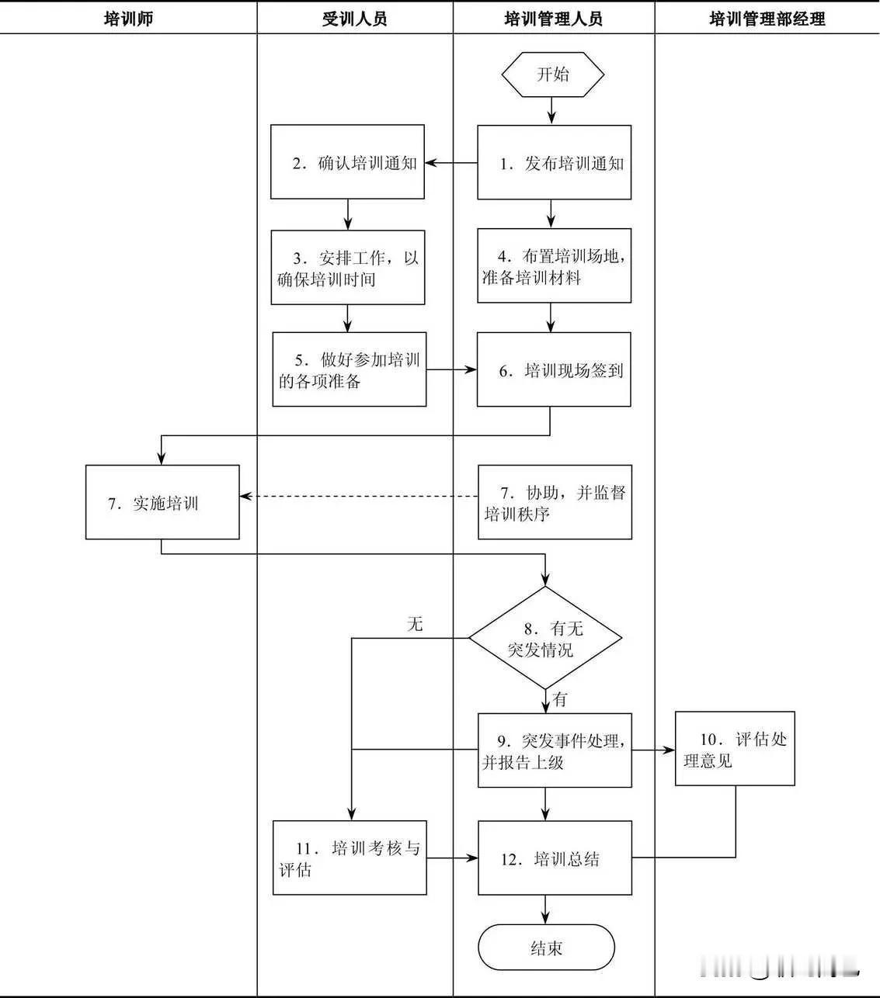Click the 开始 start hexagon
click(x=552, y=75)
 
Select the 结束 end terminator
click(x=546, y=948)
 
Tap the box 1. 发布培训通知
click(x=554, y=163)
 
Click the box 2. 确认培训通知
click(x=347, y=162)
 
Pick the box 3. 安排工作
click(x=347, y=268)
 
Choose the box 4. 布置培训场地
click(x=554, y=266)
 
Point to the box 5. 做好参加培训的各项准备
click(x=350, y=369)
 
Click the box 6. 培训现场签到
click(x=554, y=370)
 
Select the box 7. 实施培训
click(x=162, y=502)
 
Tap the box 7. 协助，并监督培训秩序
click(x=555, y=503)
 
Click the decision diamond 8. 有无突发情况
click(x=546, y=639)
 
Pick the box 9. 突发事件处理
click(x=555, y=750)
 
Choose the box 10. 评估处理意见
click(x=735, y=749)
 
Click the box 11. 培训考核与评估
click(x=350, y=858)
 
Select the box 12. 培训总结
click(x=555, y=858)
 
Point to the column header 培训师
click(x=128, y=19)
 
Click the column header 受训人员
click(x=354, y=19)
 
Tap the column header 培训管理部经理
click(x=767, y=19)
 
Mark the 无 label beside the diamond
click(x=416, y=624)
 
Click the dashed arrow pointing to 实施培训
click(x=357, y=496)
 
